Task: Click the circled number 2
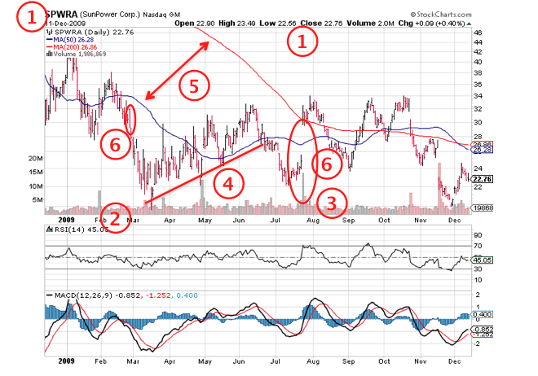[118, 218]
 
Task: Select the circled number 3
[331, 201]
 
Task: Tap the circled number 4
[227, 184]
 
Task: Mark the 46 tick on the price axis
[478, 33]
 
